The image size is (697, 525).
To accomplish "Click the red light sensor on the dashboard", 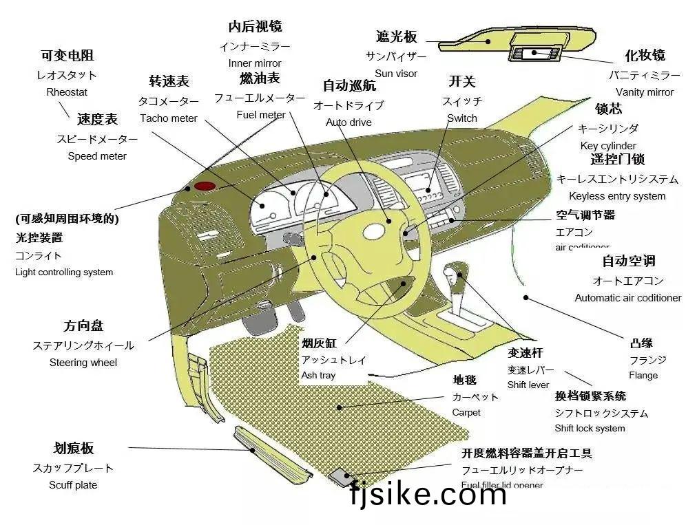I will (204, 186).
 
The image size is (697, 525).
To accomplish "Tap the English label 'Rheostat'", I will (67, 92).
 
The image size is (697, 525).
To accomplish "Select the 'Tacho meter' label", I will (168, 118).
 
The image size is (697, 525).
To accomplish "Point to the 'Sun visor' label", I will (396, 74).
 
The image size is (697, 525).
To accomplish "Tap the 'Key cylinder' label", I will (608, 146).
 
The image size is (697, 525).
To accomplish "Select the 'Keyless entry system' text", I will (617, 196).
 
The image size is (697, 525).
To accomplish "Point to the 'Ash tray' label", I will (318, 376).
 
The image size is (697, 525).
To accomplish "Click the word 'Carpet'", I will (466, 413).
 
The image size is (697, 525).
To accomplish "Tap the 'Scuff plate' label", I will (73, 485).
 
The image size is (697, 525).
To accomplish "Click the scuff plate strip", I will (272, 454).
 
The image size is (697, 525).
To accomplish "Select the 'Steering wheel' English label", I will (83, 363).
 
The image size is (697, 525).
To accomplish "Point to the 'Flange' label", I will (643, 376).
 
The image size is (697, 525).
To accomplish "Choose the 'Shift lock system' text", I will (590, 429).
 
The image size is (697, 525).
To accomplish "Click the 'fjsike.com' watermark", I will (427, 495).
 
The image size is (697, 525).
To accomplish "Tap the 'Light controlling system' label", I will (64, 272).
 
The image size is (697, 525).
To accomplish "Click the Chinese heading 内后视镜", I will (255, 27).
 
